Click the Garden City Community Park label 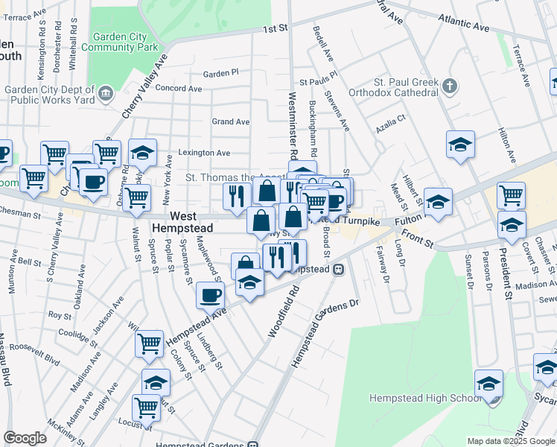coord(125,42)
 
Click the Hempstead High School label coord(426,398)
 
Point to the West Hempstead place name coord(182,221)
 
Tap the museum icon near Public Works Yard coord(106,93)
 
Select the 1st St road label coord(274,29)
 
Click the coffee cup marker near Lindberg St coord(211,294)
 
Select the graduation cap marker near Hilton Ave coord(460,144)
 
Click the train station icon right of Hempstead coord(338,269)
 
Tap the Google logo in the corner coord(25,438)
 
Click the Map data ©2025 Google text coord(510,441)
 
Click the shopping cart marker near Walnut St coord(136,198)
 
